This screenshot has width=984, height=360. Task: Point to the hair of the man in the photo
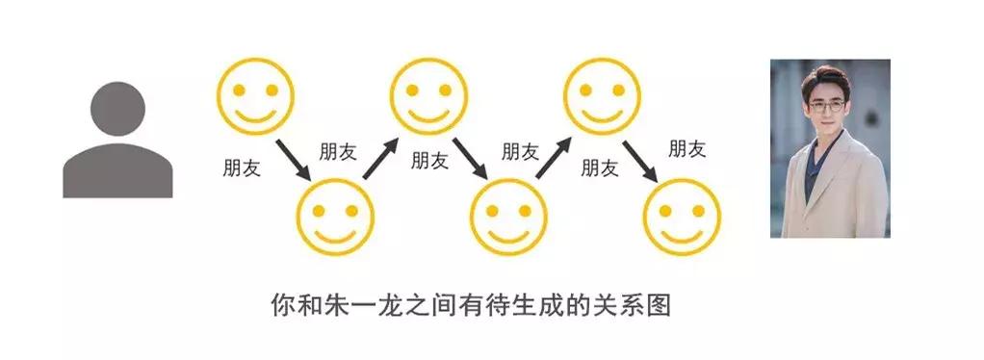(828, 77)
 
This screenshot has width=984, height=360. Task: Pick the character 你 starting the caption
(282, 306)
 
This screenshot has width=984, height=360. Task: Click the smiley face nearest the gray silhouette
(256, 95)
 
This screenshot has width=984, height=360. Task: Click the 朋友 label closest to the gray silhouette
(241, 167)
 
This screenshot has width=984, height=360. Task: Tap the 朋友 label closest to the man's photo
(686, 148)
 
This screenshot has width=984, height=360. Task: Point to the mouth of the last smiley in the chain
(683, 231)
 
